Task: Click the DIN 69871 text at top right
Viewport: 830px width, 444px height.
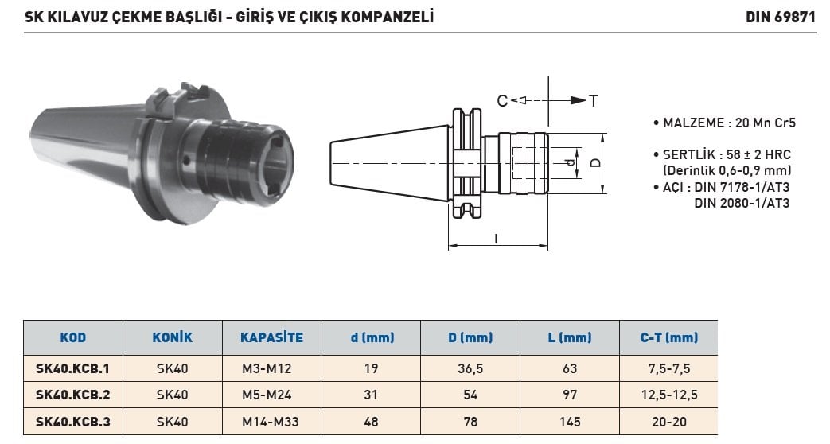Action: [781, 17]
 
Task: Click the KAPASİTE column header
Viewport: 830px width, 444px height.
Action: [271, 337]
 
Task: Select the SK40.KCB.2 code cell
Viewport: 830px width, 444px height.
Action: [73, 395]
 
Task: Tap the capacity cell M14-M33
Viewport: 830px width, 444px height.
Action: [271, 422]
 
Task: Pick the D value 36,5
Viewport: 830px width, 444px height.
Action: [470, 369]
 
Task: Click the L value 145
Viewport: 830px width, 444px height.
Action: [570, 422]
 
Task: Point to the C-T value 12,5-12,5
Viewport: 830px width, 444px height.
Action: [669, 395]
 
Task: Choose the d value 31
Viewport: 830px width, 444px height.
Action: [371, 395]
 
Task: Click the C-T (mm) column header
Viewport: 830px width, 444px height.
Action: [669, 337]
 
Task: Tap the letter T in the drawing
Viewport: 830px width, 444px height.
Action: [594, 100]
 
